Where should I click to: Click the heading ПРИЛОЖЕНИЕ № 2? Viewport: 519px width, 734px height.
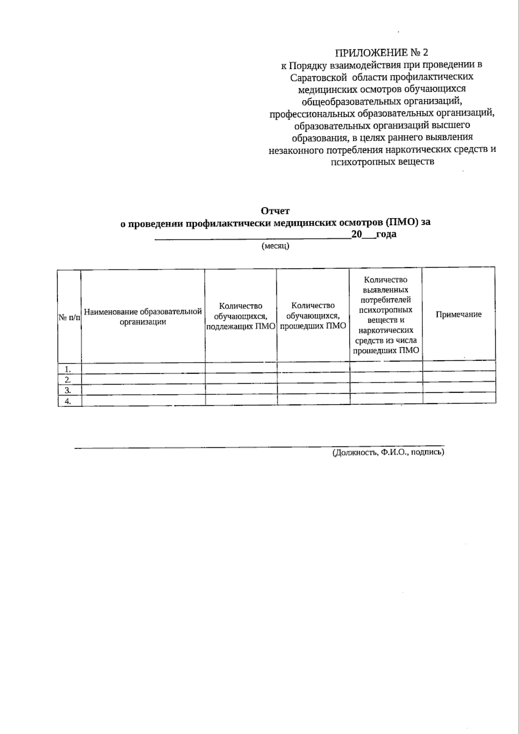382,53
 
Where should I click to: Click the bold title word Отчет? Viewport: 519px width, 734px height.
275,211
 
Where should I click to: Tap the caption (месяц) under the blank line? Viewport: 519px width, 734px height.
275,246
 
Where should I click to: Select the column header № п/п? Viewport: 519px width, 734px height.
69,317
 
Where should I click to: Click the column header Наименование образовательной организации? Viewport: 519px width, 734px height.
143,317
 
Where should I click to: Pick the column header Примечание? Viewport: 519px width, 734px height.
458,314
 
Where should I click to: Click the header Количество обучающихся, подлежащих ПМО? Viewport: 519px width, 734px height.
241,317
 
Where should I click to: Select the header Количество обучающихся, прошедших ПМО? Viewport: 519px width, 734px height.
313,316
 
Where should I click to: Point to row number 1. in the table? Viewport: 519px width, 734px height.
68,369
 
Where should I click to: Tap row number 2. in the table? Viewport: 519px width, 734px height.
68,379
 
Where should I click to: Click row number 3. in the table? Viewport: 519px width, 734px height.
68,390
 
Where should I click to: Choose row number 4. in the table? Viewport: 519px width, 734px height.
68,401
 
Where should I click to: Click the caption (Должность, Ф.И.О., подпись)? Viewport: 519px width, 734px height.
388,453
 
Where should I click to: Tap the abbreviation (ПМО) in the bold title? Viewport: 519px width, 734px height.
402,223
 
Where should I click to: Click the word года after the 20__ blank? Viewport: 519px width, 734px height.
386,235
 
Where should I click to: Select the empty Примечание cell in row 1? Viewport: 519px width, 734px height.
459,367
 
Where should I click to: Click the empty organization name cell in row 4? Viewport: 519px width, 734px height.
143,400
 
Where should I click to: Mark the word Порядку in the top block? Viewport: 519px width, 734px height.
308,65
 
